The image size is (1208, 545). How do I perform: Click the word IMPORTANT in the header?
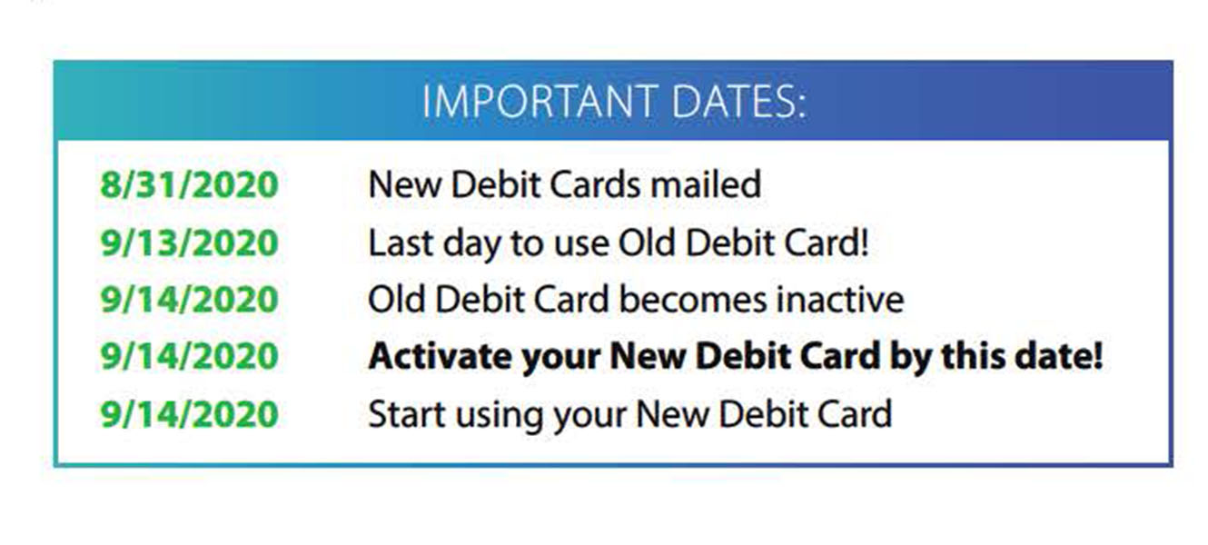tap(540, 102)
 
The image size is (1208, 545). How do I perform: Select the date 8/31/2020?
tap(189, 185)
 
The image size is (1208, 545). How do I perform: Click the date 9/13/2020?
tap(189, 243)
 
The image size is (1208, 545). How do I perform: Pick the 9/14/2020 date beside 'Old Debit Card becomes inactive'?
tap(189, 300)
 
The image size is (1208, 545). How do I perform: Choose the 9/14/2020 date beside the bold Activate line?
tap(189, 356)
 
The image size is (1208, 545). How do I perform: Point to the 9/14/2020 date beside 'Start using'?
tap(189, 414)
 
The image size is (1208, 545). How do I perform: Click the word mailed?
tap(706, 184)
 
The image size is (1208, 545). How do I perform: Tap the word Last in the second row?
tap(401, 243)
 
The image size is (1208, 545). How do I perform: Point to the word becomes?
tap(693, 299)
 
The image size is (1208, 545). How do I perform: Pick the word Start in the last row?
tap(407, 414)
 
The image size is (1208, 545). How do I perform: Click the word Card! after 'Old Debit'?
tap(827, 243)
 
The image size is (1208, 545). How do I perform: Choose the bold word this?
tap(973, 356)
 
